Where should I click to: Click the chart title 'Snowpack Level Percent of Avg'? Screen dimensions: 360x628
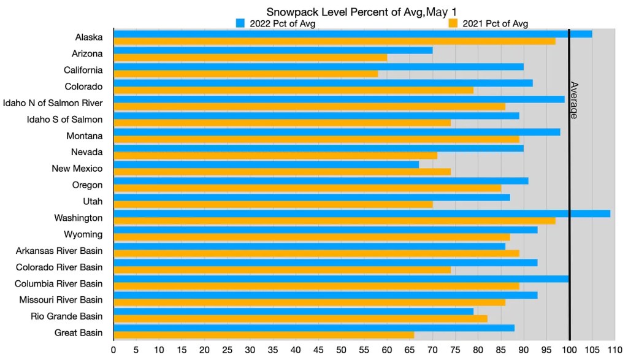tap(362, 12)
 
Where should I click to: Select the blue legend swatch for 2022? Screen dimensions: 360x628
tap(241, 23)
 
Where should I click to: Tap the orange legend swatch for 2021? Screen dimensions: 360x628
tap(454, 23)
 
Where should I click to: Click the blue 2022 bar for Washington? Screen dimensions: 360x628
tap(362, 213)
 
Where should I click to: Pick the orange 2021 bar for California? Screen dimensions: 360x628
tap(245, 74)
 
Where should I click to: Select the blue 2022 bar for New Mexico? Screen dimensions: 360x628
tap(266, 164)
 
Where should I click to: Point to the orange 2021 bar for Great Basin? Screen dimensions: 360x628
tap(264, 335)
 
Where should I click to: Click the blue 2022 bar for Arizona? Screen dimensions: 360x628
tap(273, 50)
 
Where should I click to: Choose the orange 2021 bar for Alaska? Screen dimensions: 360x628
tap(334, 41)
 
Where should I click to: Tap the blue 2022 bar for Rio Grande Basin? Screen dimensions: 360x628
tap(294, 312)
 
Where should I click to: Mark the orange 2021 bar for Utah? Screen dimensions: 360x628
tap(273, 204)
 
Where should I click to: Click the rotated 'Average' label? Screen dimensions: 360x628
tap(574, 100)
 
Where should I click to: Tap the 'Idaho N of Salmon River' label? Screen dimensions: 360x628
tap(53, 103)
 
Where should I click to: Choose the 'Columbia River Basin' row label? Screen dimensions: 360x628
tap(58, 284)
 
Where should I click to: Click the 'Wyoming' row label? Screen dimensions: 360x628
tap(83, 234)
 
